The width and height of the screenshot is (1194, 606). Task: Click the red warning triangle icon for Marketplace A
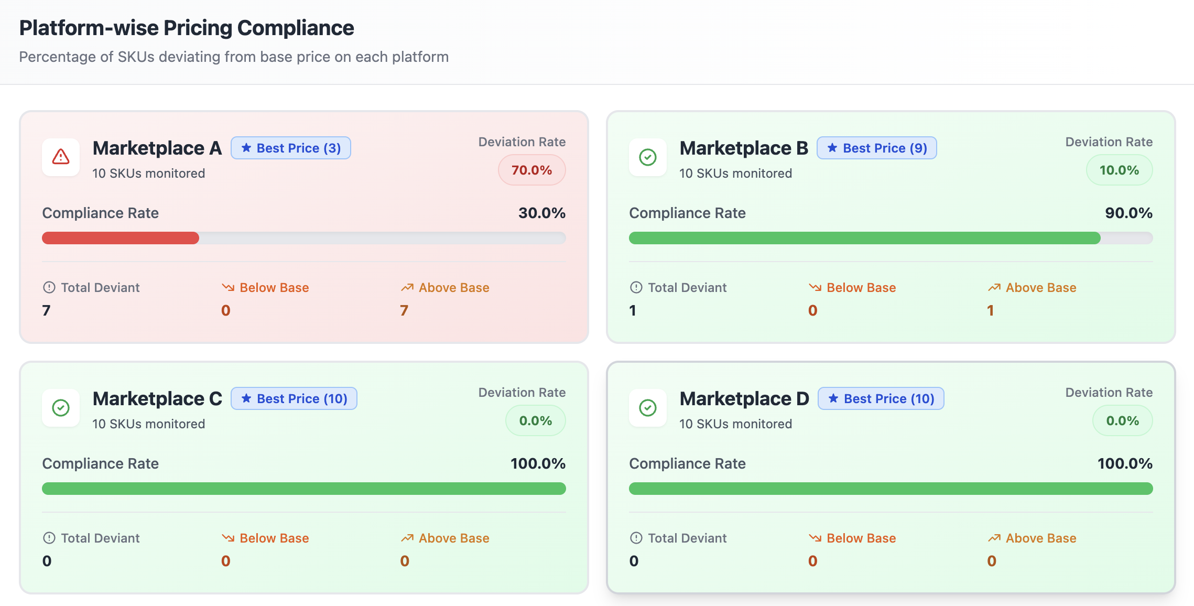(x=61, y=157)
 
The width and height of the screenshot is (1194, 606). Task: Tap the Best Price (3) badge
(x=291, y=148)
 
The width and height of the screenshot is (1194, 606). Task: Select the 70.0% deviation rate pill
(x=531, y=170)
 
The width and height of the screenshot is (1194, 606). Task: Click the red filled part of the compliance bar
(x=121, y=238)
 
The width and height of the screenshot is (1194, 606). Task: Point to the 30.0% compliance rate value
(x=541, y=213)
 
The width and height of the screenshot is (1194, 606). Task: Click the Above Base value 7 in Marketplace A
(x=404, y=310)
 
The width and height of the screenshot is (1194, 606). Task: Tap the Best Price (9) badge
(x=877, y=148)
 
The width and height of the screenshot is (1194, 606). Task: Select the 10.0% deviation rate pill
(x=1119, y=170)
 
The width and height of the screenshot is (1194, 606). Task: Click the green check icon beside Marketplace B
(x=648, y=157)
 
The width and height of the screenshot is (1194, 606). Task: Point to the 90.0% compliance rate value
(x=1128, y=213)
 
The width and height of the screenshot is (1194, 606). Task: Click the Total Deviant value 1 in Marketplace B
(x=633, y=310)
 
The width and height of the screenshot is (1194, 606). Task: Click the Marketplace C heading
(x=157, y=398)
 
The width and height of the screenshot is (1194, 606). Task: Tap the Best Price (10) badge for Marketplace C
(x=294, y=399)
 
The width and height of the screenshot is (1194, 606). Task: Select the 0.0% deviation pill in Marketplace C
(x=535, y=420)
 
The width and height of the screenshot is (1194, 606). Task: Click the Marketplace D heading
(x=744, y=398)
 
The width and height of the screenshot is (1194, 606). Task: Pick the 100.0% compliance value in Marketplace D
(x=1125, y=463)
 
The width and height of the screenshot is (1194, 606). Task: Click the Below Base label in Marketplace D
(x=861, y=538)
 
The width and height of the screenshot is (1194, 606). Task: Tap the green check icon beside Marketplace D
(x=648, y=407)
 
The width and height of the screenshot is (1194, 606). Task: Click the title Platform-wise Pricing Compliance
(x=187, y=28)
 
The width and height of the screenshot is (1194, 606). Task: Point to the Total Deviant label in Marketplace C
(x=100, y=538)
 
